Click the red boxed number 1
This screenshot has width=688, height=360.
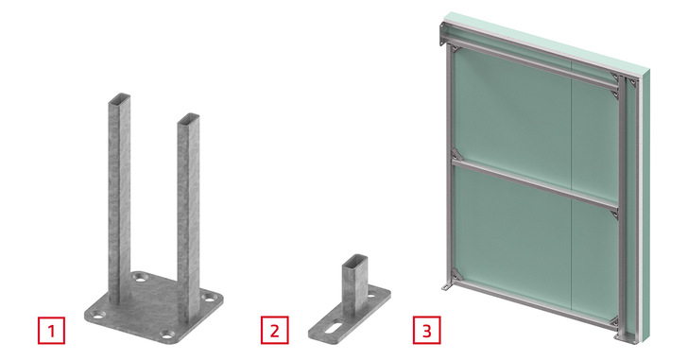coord(51,330)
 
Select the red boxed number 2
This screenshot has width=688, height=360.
coord(275,330)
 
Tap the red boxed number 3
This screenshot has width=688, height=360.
coord(426,330)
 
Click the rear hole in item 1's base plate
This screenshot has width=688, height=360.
coord(142,277)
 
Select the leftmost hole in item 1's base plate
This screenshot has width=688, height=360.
coord(98,314)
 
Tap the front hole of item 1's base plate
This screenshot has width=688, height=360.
coord(166,335)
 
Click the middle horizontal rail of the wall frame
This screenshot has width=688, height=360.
coord(535,183)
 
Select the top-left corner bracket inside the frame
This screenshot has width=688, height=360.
coord(455,48)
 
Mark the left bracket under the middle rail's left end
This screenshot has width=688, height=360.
coord(456,154)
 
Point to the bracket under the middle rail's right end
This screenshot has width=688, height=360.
coord(614,214)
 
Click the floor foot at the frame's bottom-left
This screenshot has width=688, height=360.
coord(445,287)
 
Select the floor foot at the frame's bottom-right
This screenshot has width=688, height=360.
coord(623,336)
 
